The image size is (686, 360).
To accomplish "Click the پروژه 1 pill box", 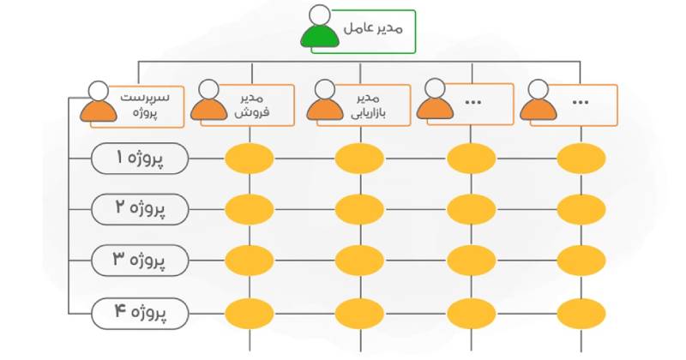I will [x=140, y=159].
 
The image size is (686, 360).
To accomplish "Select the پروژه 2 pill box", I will [x=140, y=207].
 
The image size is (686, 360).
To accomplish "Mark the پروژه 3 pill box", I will [x=140, y=257].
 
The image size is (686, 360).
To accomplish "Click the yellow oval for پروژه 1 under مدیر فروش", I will [x=250, y=159].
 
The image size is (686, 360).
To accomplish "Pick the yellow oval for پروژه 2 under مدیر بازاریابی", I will [x=360, y=208].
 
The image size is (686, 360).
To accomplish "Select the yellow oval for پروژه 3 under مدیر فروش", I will [x=250, y=258].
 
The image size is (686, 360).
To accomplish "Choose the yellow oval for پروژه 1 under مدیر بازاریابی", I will [x=360, y=159].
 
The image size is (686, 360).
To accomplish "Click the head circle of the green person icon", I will [x=319, y=15].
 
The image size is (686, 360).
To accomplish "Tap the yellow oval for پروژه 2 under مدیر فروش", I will [x=250, y=208].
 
